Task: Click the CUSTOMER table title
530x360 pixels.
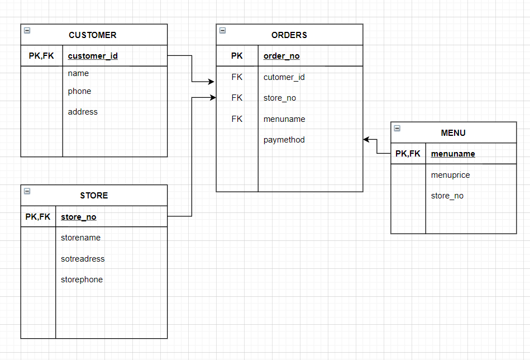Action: tap(93, 35)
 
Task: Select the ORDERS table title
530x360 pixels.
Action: tap(289, 35)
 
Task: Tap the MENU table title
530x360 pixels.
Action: tap(453, 132)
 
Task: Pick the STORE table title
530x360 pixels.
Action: tap(94, 195)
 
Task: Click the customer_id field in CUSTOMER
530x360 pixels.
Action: tap(93, 56)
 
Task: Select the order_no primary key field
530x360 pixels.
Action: tap(281, 56)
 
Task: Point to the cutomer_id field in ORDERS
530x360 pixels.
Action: tap(284, 77)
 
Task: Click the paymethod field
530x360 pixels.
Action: tap(284, 140)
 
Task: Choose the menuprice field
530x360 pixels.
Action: tap(450, 175)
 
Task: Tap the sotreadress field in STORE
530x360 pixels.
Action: tap(83, 259)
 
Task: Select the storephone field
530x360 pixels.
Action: tap(82, 280)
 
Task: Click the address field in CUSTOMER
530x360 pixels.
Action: tap(83, 112)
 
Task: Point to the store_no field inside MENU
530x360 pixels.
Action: tap(447, 196)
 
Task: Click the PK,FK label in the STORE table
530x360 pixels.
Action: tap(38, 217)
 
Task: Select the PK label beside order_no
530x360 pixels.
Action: tap(237, 56)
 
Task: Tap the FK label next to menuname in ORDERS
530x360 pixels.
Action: tap(237, 119)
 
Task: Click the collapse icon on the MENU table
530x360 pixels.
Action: tap(397, 128)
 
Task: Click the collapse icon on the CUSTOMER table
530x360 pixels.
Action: tap(27, 31)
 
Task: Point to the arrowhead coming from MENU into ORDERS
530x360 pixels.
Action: tap(366, 140)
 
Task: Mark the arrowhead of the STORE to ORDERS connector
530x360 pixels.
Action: tap(213, 98)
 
